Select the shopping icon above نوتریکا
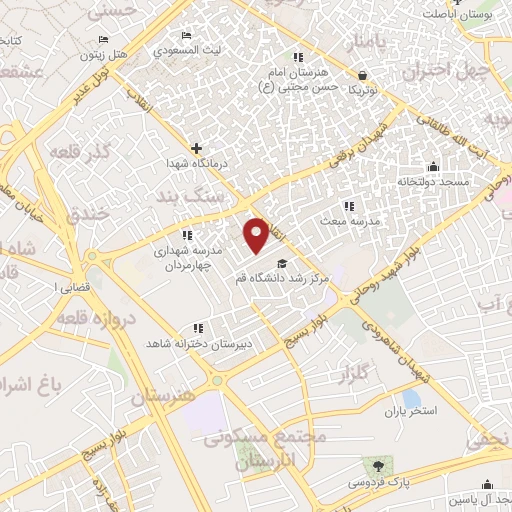tap(362, 74)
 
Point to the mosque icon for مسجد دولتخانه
tap(432, 166)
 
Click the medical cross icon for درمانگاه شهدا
tap(196, 148)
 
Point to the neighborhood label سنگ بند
tap(202, 200)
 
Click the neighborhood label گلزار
tap(361, 375)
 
